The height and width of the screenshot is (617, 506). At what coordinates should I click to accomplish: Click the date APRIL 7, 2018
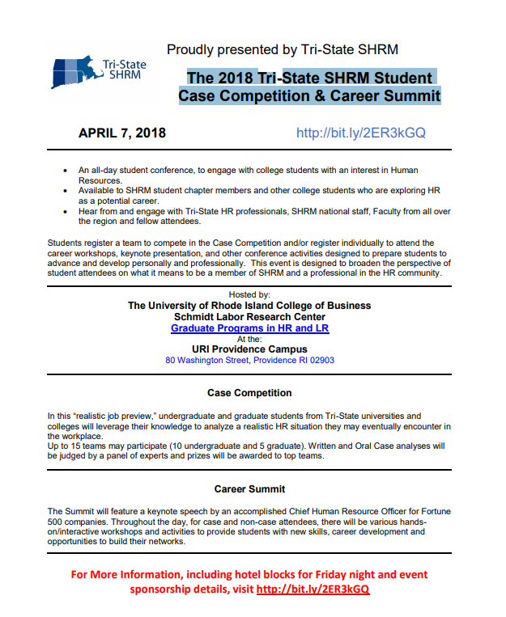pyautogui.click(x=121, y=133)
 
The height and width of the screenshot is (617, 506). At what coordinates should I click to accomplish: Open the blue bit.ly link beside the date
pyautogui.click(x=360, y=133)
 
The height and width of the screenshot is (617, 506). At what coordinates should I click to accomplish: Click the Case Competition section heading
pyautogui.click(x=249, y=393)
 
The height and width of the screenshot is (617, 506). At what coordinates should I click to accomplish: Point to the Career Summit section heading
pyautogui.click(x=249, y=489)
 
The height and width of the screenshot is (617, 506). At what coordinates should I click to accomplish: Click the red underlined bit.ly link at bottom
pyautogui.click(x=313, y=590)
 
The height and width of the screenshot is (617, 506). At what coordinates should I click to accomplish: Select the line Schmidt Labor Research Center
pyautogui.click(x=249, y=317)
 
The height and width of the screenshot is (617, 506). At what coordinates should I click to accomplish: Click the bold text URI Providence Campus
pyautogui.click(x=249, y=350)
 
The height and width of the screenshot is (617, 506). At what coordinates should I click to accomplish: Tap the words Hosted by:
pyautogui.click(x=249, y=295)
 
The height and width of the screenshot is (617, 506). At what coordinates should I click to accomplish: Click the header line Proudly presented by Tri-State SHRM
pyautogui.click(x=282, y=50)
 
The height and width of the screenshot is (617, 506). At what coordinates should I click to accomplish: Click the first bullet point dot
pyautogui.click(x=65, y=171)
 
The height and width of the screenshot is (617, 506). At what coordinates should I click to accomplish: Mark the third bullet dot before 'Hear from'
pyautogui.click(x=65, y=211)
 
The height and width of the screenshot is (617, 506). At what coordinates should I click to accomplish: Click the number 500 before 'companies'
pyautogui.click(x=57, y=522)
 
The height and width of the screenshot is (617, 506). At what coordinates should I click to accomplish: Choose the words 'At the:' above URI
pyautogui.click(x=249, y=340)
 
